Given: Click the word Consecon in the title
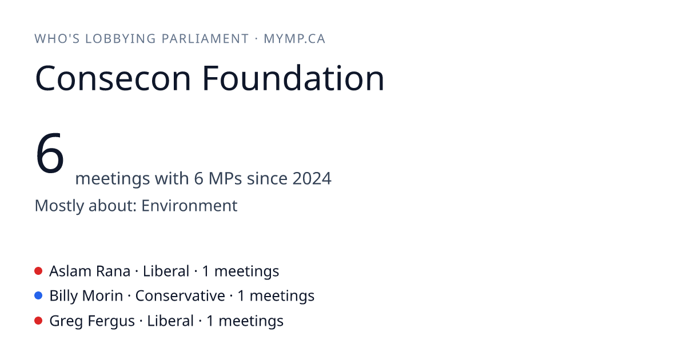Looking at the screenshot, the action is coord(113,78).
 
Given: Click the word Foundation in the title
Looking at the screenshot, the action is coord(293,78).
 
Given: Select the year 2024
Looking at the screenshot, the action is coord(312,178).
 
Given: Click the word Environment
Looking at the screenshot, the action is coord(189,205).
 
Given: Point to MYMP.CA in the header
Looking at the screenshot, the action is coord(294,39).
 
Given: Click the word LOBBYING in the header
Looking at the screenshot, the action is coord(121,39).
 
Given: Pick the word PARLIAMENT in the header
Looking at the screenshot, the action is coord(205,39).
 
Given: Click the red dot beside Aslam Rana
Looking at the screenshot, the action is coord(38,271).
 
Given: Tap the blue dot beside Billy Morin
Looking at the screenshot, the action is coord(38,295).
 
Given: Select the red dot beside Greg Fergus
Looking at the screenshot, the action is coord(38,321).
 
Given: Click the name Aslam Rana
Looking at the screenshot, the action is coord(90,271).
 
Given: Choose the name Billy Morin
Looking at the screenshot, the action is coord(86,296).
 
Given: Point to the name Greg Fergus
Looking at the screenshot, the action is coord(92,321).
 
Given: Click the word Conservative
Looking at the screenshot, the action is coord(180,296).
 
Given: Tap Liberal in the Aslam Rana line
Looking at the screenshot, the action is coord(166,271).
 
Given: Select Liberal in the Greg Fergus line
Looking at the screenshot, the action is coord(170,321).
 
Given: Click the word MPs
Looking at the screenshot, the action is coord(225,178).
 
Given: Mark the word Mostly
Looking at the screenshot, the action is coord(59,206).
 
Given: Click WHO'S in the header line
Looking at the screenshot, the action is coord(57,39).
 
